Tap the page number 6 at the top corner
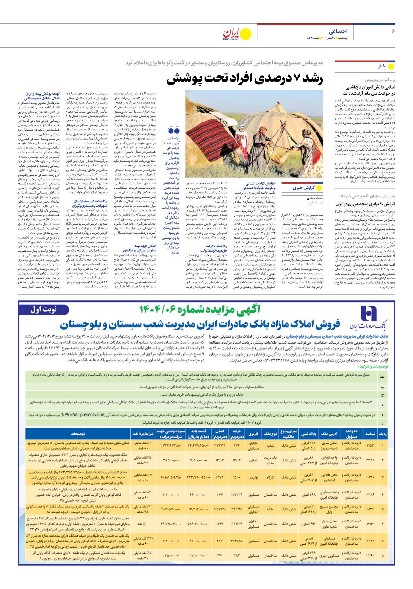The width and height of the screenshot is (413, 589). [393, 31]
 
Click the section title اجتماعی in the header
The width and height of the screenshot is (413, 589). [338, 31]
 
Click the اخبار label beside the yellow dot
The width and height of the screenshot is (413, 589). [382, 66]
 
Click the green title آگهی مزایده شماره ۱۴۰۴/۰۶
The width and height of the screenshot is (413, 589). [200, 310]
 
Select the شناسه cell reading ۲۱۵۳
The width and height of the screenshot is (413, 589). [370, 446]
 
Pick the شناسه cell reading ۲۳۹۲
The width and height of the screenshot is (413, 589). [370, 541]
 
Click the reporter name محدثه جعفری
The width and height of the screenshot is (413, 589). [315, 198]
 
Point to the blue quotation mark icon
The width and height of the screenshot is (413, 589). [173, 130]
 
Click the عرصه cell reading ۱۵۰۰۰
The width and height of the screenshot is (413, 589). [237, 477]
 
